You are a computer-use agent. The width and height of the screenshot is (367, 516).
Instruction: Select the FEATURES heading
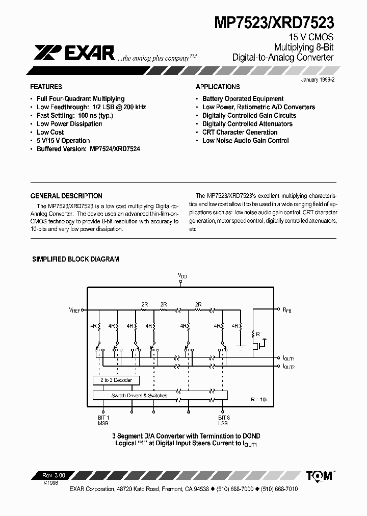pyautogui.click(x=46, y=87)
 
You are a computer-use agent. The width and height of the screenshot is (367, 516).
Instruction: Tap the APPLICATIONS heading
pyautogui.click(x=218, y=87)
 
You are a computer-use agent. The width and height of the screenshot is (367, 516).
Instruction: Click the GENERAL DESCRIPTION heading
pyautogui.click(x=66, y=196)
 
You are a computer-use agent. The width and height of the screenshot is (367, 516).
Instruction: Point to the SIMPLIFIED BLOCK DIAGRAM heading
pyautogui.click(x=75, y=259)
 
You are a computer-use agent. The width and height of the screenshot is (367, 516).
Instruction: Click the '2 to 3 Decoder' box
pyautogui.click(x=116, y=380)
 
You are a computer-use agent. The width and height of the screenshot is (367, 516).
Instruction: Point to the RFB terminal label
pyautogui.click(x=286, y=309)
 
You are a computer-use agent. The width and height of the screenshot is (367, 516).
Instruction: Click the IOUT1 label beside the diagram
pyautogui.click(x=289, y=358)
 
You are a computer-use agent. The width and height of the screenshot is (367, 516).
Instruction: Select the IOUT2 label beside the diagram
pyautogui.click(x=289, y=367)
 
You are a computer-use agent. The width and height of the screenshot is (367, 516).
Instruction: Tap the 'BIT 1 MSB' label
pyautogui.click(x=103, y=420)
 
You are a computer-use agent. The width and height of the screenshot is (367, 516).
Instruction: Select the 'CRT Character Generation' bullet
pyautogui.click(x=240, y=132)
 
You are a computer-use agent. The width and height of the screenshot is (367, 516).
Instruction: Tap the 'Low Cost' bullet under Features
pyautogui.click(x=50, y=132)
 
